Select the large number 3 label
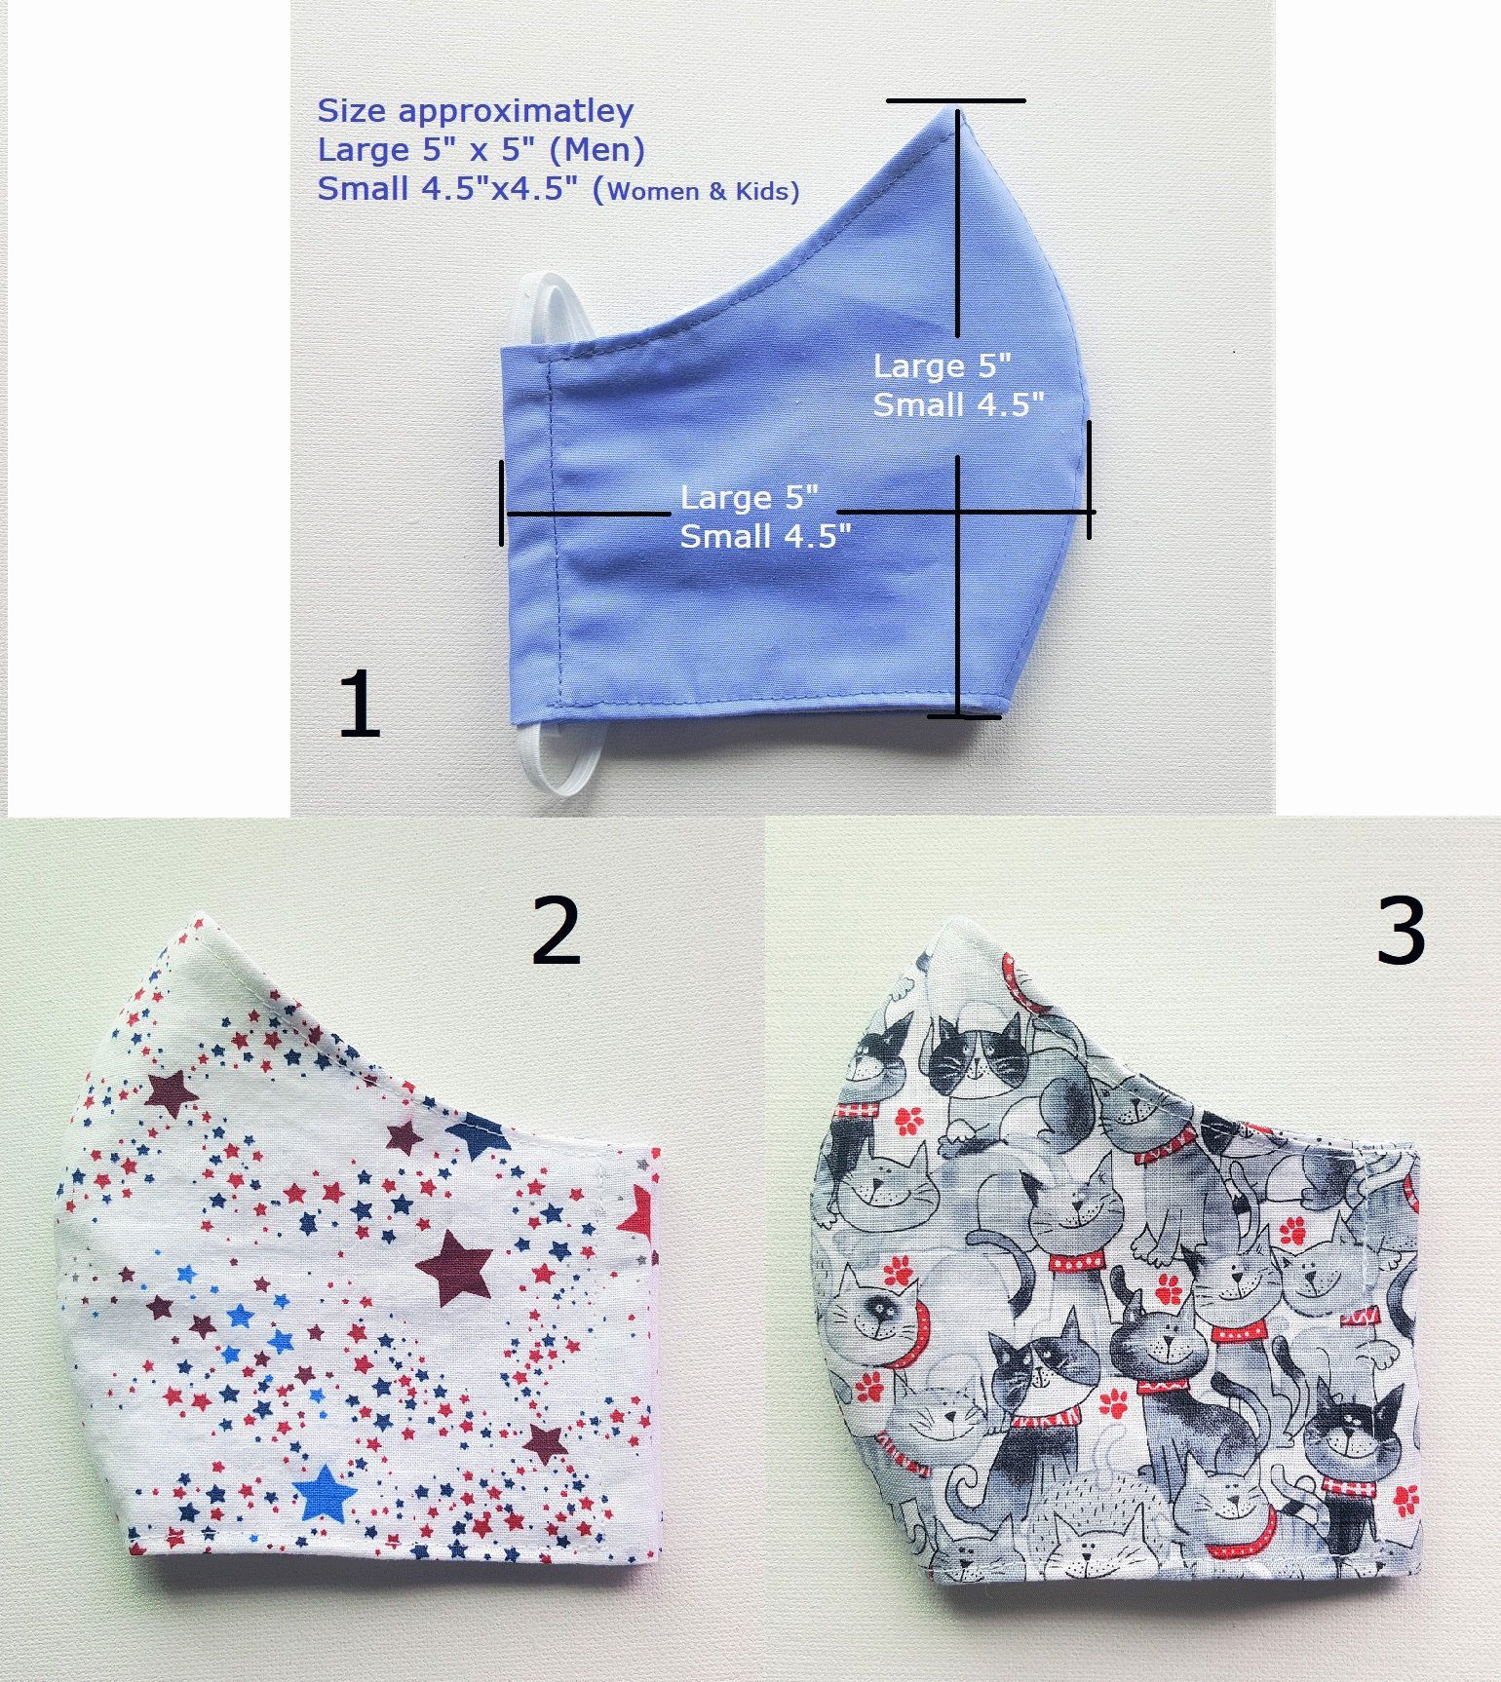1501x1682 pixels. click(x=1401, y=932)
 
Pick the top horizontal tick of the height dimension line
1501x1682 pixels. click(x=955, y=100)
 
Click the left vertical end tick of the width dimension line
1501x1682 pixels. click(x=503, y=503)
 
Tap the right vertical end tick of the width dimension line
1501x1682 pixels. click(x=1089, y=478)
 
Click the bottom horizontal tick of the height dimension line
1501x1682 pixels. click(x=963, y=717)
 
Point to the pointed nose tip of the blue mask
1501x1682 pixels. click(x=949, y=109)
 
